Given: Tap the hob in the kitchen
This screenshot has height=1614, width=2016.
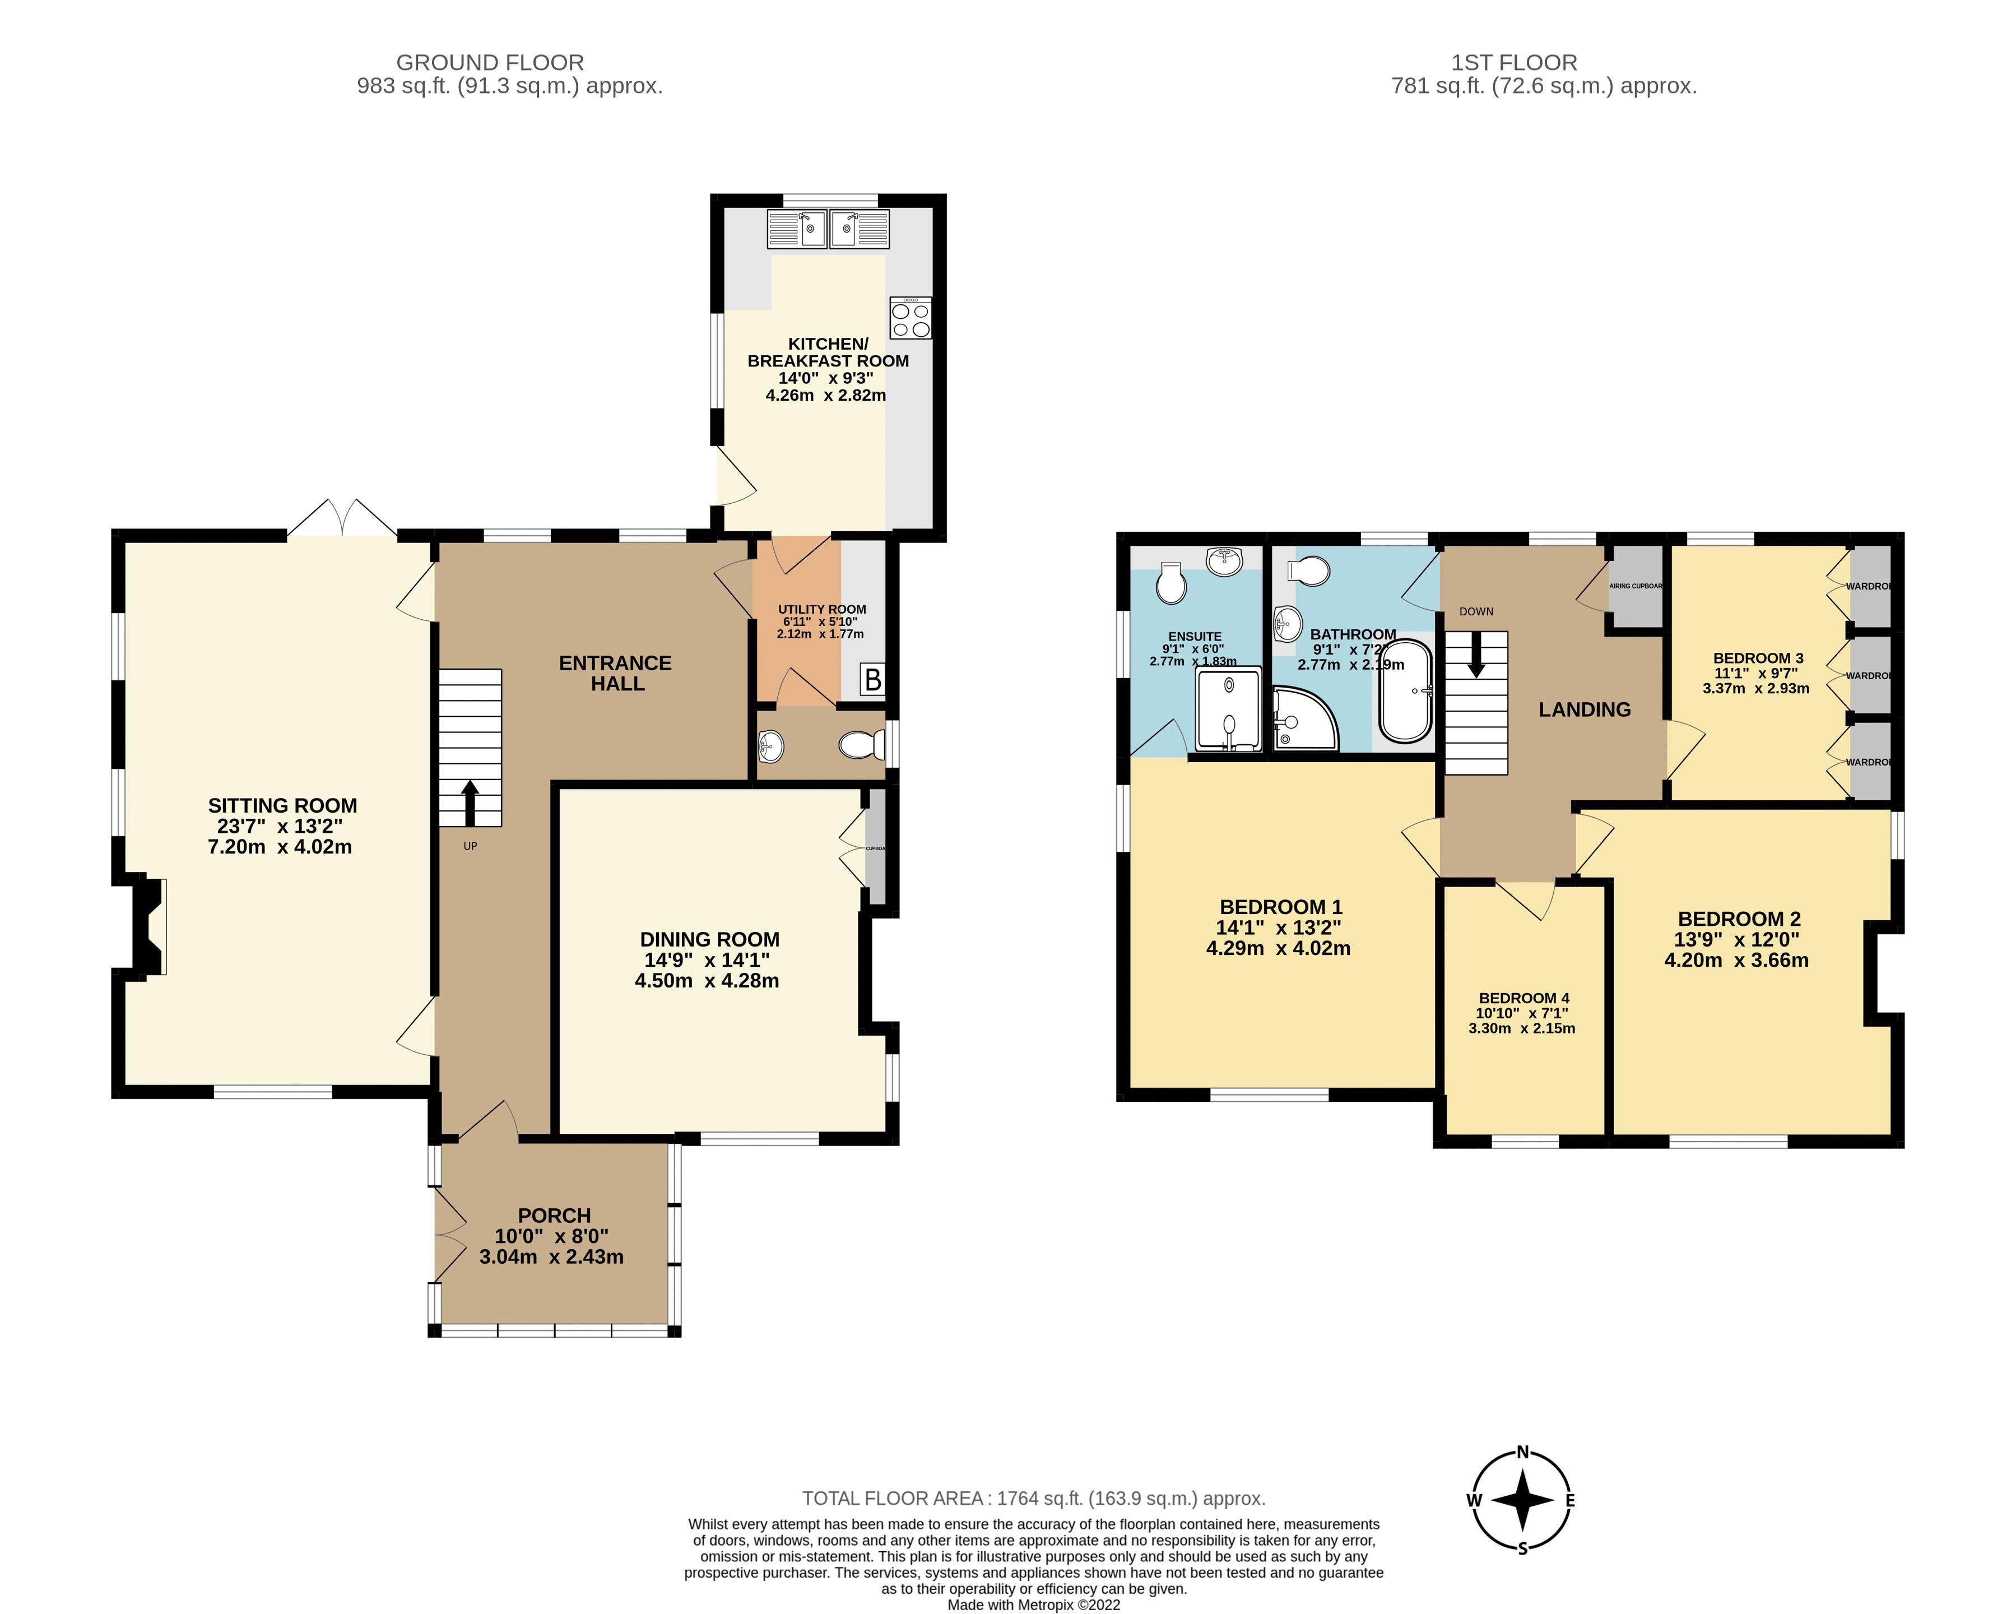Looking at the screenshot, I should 910,317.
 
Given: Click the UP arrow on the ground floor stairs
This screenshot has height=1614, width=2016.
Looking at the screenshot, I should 470,803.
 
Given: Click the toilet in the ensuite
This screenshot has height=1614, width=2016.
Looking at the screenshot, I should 1170,583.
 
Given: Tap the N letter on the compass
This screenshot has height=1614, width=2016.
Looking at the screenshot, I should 1522,1452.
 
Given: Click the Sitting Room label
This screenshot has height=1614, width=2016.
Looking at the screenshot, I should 282,805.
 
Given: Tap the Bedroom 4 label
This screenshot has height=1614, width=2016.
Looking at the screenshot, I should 1523,998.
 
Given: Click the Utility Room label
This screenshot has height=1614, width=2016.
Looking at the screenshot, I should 822,609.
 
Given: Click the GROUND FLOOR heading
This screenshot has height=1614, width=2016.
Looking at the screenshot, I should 490,63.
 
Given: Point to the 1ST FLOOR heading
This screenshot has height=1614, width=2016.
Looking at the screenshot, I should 1514,63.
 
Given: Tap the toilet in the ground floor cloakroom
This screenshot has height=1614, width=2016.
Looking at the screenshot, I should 861,745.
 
